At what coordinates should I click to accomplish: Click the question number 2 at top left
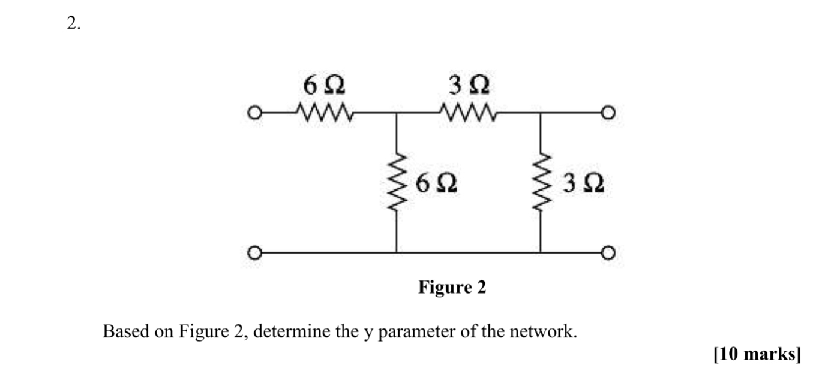coord(72,24)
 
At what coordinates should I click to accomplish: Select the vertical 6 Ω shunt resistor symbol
coord(395,181)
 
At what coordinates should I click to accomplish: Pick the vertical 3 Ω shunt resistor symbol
coord(541,181)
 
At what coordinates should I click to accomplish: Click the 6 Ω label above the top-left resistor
coord(325,86)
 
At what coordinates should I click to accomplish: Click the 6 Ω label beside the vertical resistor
coord(436,182)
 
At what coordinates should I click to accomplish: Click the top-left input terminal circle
coord(256,112)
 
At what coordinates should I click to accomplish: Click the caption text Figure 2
coord(452,288)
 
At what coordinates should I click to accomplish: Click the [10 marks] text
coord(757,355)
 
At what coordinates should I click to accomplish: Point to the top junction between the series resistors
coord(395,112)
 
